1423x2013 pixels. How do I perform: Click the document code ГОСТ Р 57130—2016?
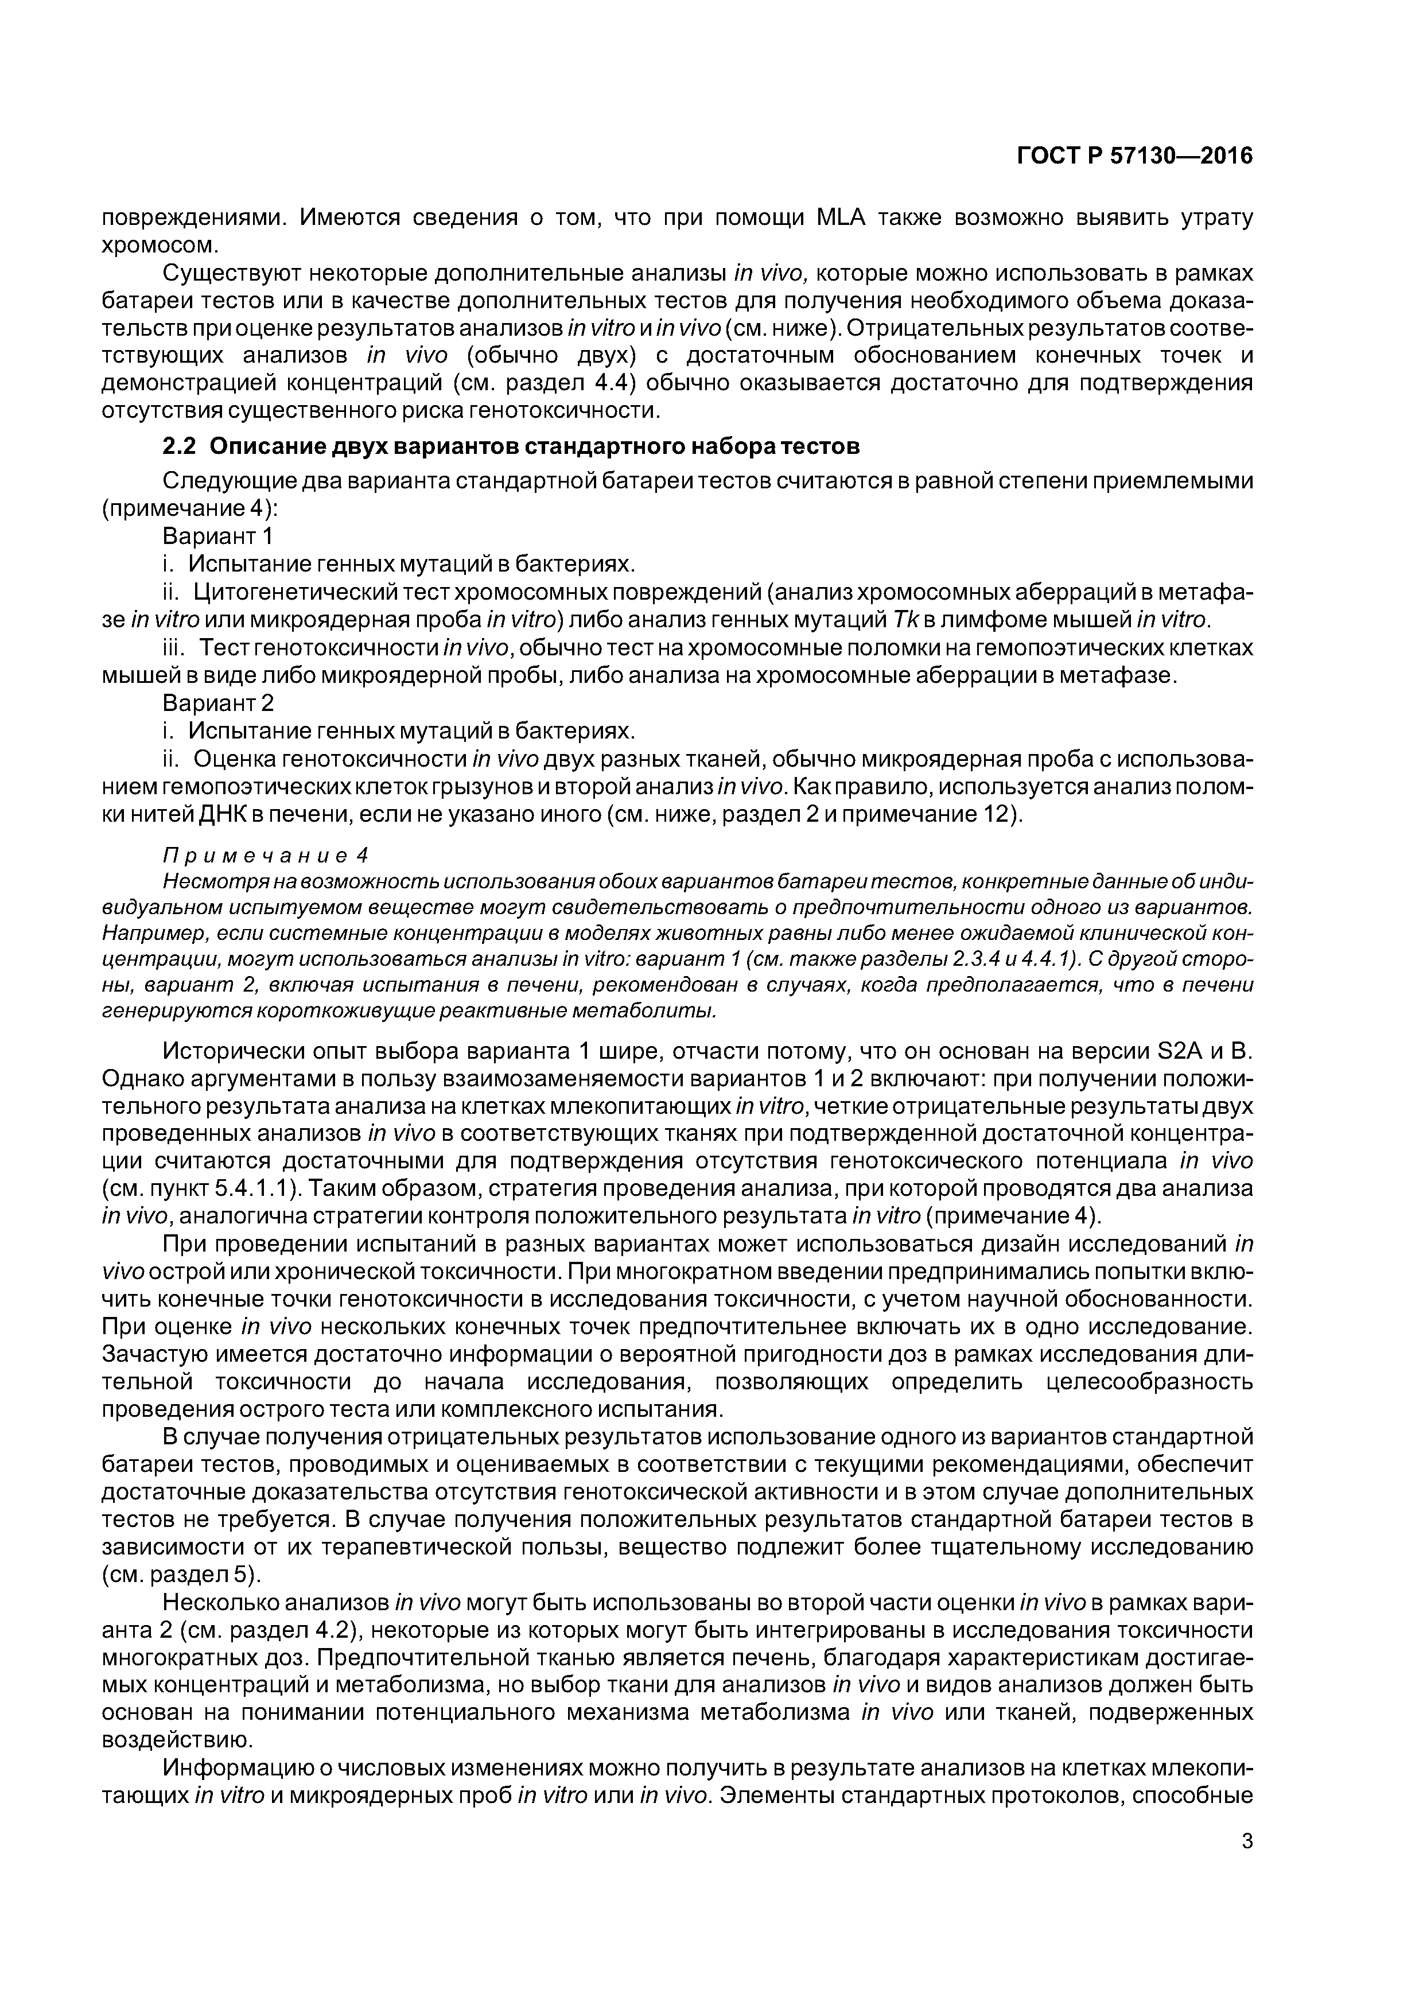point(1134,156)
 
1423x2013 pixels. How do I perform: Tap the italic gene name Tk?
point(903,620)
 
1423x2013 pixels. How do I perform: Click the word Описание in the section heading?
point(265,446)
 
